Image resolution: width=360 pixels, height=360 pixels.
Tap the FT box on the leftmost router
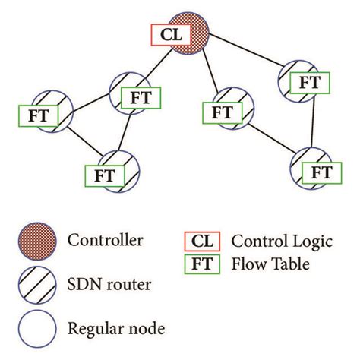coord(36,116)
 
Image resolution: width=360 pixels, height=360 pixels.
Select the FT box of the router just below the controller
coord(221,112)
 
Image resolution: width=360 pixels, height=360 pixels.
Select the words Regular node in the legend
coord(115,328)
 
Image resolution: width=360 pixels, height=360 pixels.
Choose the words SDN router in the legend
coord(110,286)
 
